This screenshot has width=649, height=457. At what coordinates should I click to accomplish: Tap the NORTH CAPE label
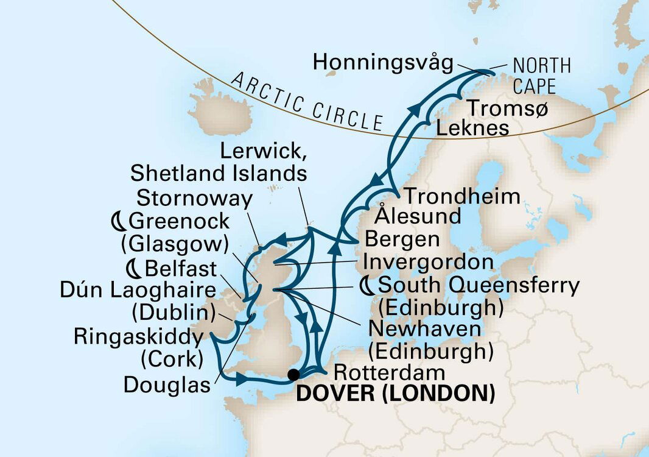click(541, 75)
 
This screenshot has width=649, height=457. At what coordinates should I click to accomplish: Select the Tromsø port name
click(507, 108)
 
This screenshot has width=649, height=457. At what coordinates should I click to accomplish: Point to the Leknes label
click(472, 129)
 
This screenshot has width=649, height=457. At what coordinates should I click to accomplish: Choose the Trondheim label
click(463, 196)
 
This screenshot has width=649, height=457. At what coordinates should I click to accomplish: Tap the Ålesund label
click(418, 216)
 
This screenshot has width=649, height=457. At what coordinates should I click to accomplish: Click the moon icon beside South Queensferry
click(368, 285)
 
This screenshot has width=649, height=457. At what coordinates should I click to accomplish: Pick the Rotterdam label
click(381, 372)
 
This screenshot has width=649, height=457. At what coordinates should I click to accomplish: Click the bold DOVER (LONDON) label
click(395, 394)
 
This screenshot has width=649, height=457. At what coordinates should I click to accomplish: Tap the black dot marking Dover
click(294, 374)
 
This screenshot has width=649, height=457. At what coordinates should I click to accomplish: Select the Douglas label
click(167, 384)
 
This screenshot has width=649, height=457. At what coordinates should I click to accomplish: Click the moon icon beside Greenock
click(118, 220)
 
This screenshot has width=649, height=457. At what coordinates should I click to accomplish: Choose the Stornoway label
click(195, 198)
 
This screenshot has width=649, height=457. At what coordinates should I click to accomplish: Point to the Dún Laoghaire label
click(138, 290)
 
